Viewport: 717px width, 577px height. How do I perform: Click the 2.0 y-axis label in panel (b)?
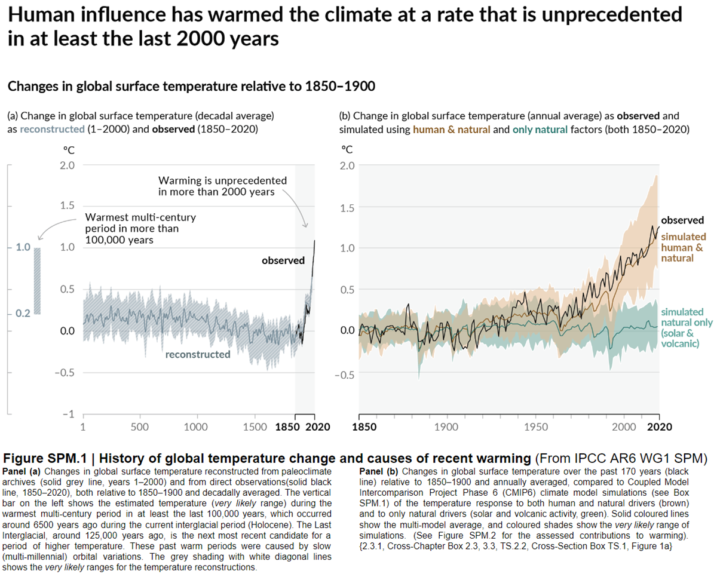(x=348, y=165)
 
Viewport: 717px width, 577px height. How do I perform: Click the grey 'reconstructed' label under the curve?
(x=198, y=354)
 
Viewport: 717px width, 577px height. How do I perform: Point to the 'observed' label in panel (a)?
(x=283, y=260)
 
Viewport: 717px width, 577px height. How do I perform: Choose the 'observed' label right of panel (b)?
(x=682, y=220)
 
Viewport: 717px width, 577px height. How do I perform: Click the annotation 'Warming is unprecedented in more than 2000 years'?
(x=222, y=186)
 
